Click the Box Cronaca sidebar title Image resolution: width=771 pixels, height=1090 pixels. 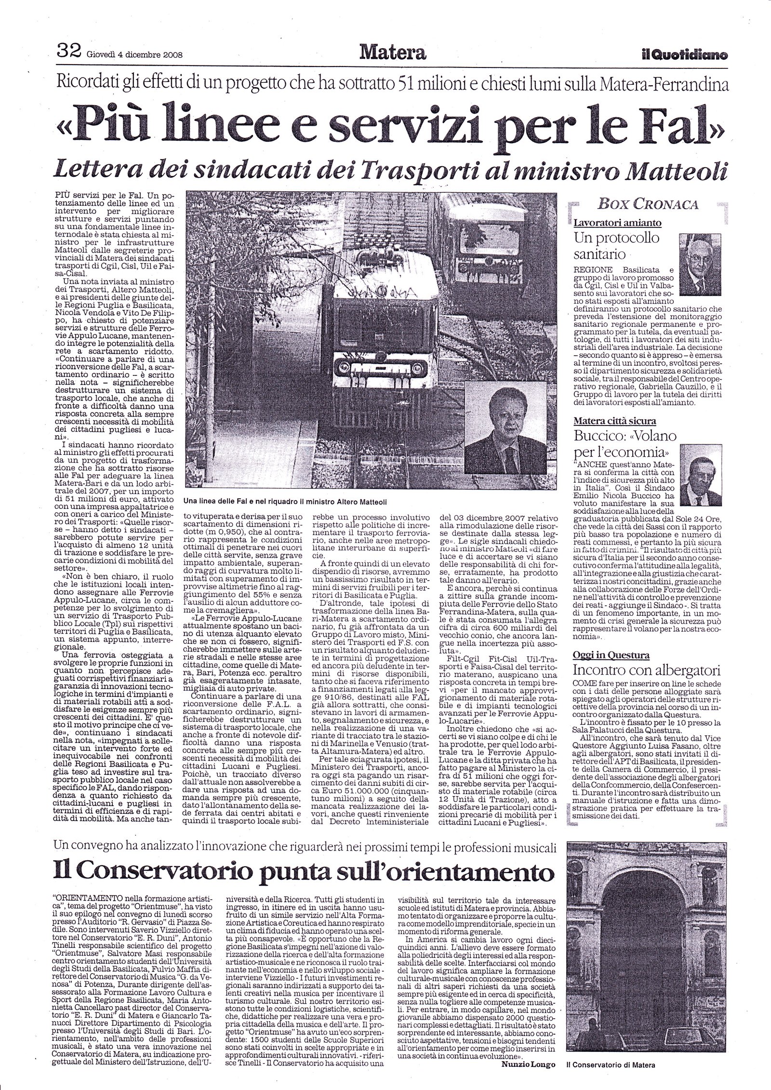(648, 205)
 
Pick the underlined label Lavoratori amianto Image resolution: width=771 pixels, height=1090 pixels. (617, 223)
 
